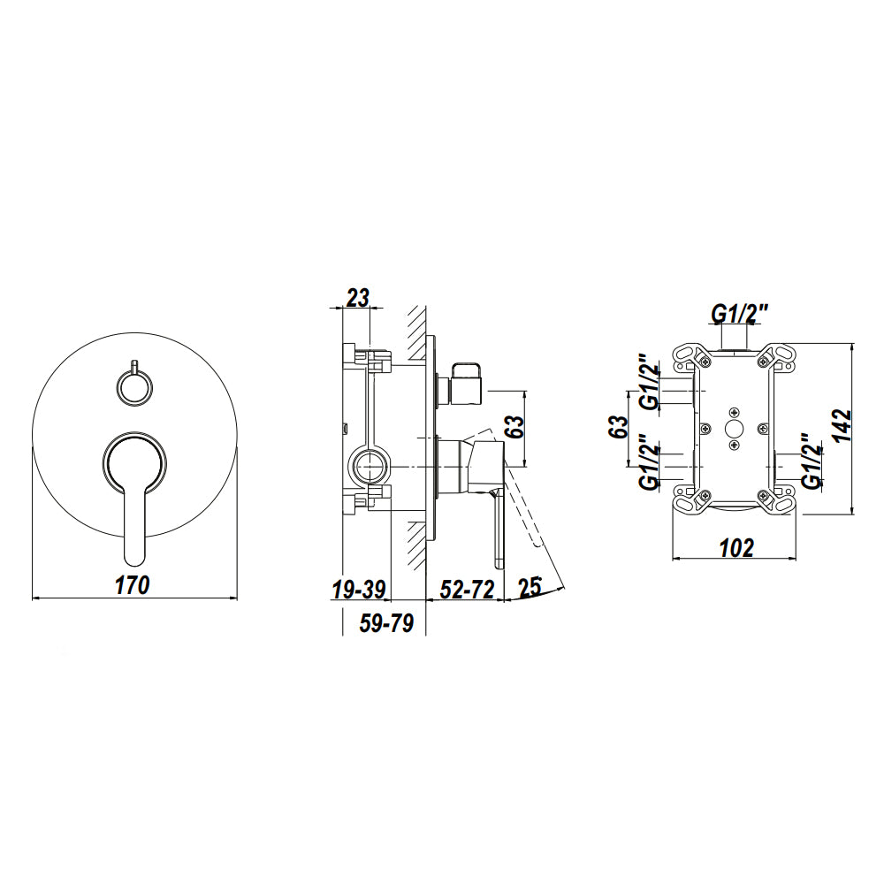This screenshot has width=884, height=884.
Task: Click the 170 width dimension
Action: tap(133, 584)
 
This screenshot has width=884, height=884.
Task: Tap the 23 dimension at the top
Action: tap(357, 297)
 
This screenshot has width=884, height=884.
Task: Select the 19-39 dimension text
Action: tap(359, 591)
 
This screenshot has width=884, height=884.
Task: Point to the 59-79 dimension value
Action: tap(387, 623)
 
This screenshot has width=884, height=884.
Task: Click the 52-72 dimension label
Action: tap(467, 591)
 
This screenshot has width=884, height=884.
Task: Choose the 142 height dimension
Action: tap(842, 427)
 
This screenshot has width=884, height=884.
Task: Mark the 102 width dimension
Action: tap(736, 547)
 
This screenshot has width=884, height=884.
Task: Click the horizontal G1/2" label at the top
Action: tap(741, 313)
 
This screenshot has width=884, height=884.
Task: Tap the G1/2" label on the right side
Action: tap(811, 461)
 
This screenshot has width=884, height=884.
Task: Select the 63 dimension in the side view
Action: tap(513, 428)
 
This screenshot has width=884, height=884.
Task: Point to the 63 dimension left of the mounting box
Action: tap(618, 428)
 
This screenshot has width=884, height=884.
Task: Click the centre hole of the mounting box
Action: tap(734, 429)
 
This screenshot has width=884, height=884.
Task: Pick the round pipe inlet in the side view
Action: tap(370, 466)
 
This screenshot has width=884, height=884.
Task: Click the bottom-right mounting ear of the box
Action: tap(779, 500)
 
